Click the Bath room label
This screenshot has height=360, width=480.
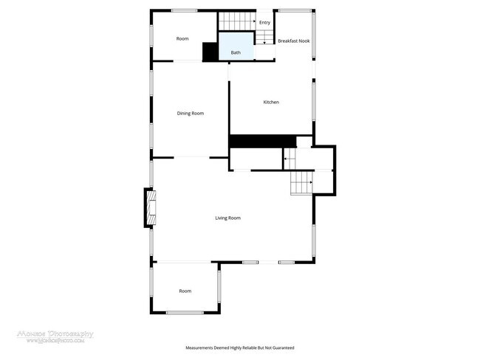pyautogui.click(x=236, y=52)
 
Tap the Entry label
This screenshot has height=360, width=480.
pyautogui.click(x=264, y=23)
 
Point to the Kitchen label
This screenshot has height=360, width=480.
pyautogui.click(x=271, y=102)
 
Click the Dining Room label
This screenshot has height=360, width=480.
pyautogui.click(x=190, y=113)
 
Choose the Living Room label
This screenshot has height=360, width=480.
pyautogui.click(x=227, y=218)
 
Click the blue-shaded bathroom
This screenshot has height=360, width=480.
pyautogui.click(x=236, y=44)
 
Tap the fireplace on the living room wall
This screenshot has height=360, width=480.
pyautogui.click(x=149, y=208)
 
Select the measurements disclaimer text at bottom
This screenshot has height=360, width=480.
pyautogui.click(x=239, y=347)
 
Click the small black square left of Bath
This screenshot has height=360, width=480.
pyautogui.click(x=210, y=52)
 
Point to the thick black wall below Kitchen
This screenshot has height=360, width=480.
pyautogui.click(x=261, y=141)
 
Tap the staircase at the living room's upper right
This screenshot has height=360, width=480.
pyautogui.click(x=301, y=181)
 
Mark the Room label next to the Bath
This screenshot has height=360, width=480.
pyautogui.click(x=182, y=38)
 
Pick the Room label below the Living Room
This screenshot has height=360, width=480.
pyautogui.click(x=185, y=291)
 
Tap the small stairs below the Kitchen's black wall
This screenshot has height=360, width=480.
pyautogui.click(x=289, y=157)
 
